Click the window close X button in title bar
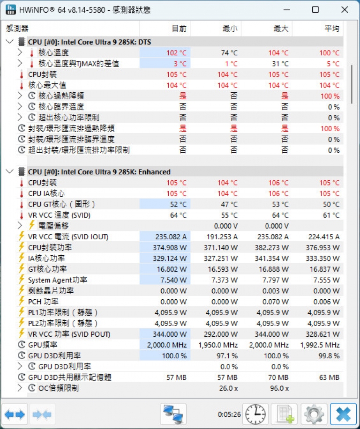pos(345,10)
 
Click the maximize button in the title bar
pos(315,10)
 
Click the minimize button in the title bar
pos(286,10)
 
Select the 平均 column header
pos(332,29)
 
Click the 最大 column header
pos(281,29)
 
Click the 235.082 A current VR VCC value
pos(171,237)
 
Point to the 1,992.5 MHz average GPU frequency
pos(320,345)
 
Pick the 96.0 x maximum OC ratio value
pos(279,388)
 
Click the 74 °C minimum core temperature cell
pos(229,53)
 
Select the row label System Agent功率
pos(58,280)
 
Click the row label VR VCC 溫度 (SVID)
pos(59,215)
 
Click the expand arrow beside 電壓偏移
pos(20,225)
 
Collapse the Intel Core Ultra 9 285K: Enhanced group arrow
pos(9,171)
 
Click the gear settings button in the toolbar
pos(314,414)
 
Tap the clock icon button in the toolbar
pos(255,414)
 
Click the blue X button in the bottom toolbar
pos(343,414)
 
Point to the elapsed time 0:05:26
pos(229,414)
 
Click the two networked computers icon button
pos(173,414)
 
